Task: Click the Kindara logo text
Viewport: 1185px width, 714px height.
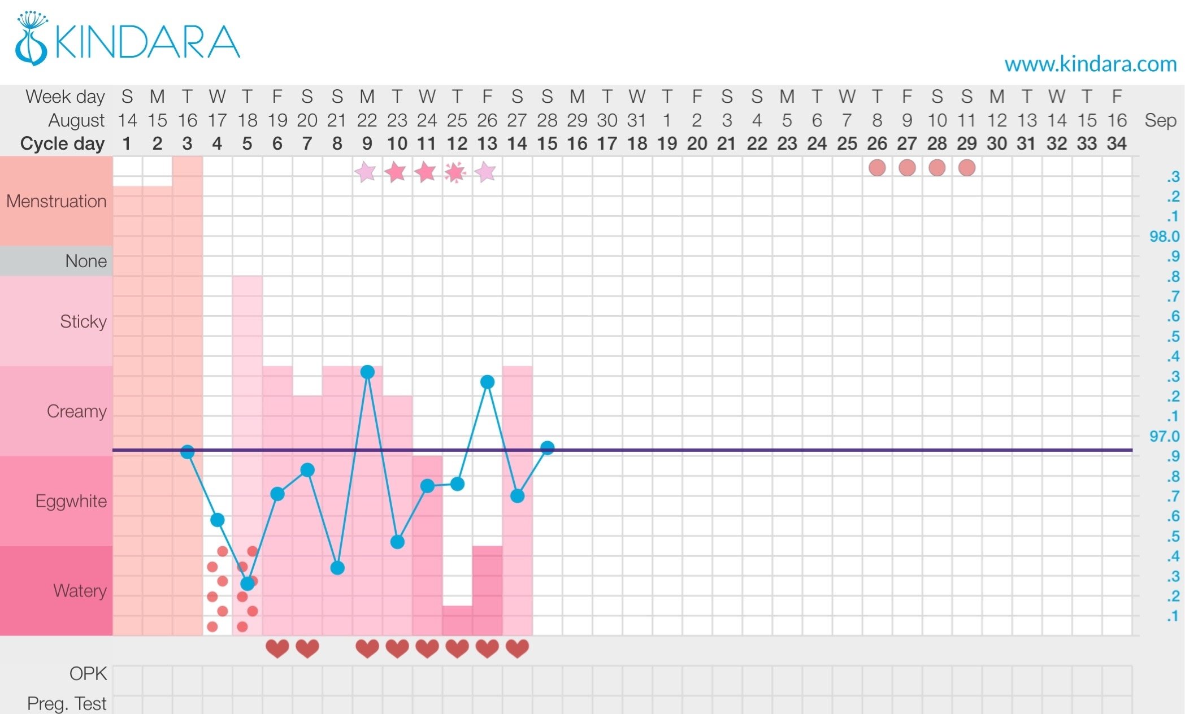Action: click(147, 42)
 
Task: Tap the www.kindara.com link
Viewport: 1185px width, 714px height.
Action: click(1090, 64)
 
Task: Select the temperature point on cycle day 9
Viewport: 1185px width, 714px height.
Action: click(367, 372)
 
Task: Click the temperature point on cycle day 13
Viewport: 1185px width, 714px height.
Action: click(487, 382)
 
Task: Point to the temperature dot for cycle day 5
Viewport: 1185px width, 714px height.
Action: click(248, 584)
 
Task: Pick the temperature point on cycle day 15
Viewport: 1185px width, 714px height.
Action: click(547, 448)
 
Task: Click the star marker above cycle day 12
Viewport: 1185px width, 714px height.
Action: click(455, 172)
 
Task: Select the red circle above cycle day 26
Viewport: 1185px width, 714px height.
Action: click(877, 168)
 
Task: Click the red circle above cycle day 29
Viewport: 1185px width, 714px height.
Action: click(967, 168)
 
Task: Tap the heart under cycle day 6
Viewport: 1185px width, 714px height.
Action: click(277, 648)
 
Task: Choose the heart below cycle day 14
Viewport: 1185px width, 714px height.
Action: click(517, 648)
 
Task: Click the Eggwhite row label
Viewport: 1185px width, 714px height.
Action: click(71, 501)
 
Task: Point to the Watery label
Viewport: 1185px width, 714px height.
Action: click(80, 591)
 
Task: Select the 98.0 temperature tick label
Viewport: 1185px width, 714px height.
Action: click(1164, 237)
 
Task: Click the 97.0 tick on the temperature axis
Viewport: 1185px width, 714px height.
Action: click(1164, 436)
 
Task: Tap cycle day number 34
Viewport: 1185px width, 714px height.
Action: click(1117, 143)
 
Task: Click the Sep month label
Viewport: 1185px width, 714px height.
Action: click(1160, 120)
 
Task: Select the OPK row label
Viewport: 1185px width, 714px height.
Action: click(88, 673)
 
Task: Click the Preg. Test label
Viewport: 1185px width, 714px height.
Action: click(67, 703)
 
